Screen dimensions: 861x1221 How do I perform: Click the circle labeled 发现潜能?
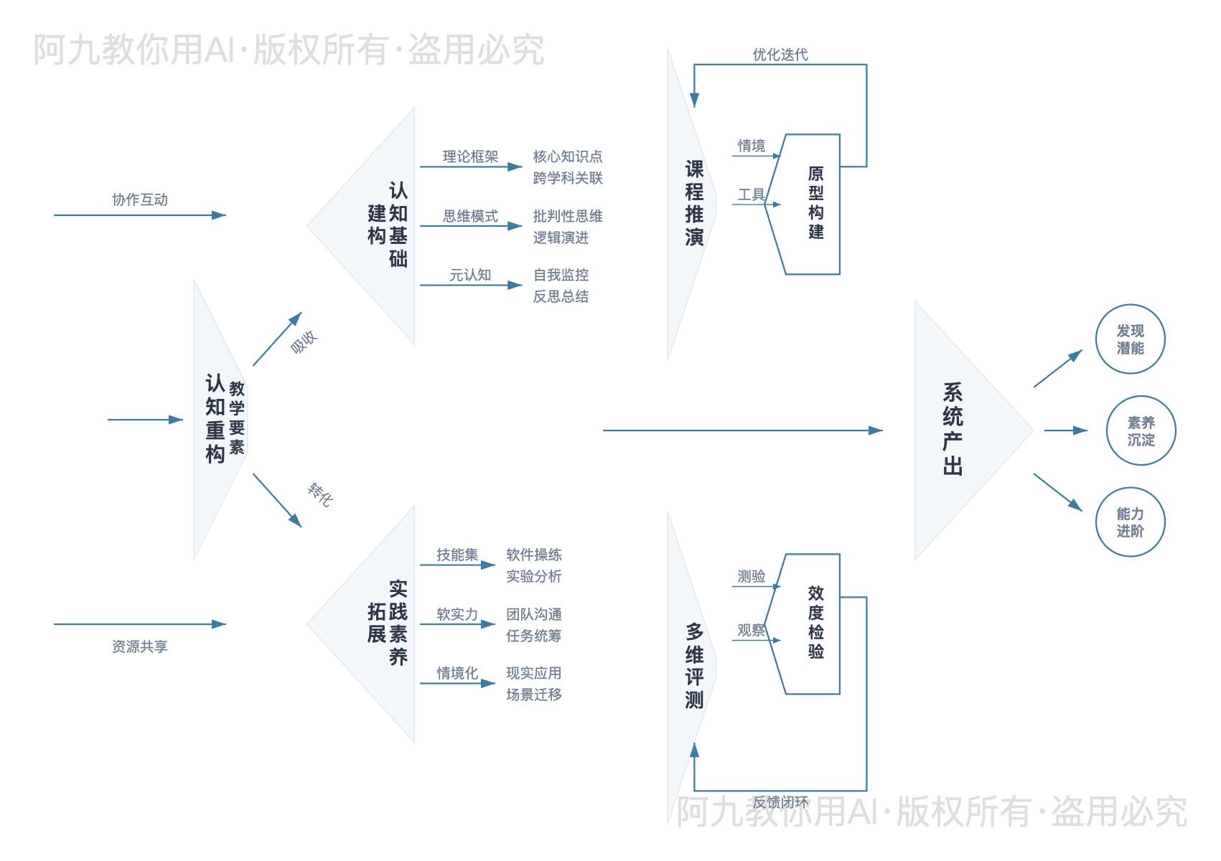click(1130, 339)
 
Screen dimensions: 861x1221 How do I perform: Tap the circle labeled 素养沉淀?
click(1141, 430)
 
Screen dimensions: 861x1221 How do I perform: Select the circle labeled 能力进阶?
click(1130, 522)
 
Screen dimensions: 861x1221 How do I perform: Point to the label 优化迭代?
click(780, 55)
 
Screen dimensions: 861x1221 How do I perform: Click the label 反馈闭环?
click(780, 802)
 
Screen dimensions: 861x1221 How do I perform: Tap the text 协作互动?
click(140, 199)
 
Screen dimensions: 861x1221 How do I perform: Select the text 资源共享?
click(140, 646)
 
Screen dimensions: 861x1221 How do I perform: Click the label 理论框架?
click(470, 156)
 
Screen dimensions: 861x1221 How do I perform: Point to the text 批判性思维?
click(568, 216)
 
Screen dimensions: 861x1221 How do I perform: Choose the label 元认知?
click(470, 275)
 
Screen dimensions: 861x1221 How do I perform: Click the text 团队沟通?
click(534, 614)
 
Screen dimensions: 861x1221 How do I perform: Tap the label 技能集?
click(457, 555)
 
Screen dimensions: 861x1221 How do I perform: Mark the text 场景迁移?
click(534, 695)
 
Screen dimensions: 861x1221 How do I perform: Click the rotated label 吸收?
click(304, 342)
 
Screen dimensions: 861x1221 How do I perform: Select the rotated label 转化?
click(320, 494)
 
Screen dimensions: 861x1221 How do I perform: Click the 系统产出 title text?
click(953, 429)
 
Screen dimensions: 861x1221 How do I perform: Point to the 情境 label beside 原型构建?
click(752, 146)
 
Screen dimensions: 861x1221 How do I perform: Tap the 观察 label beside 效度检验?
click(752, 630)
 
